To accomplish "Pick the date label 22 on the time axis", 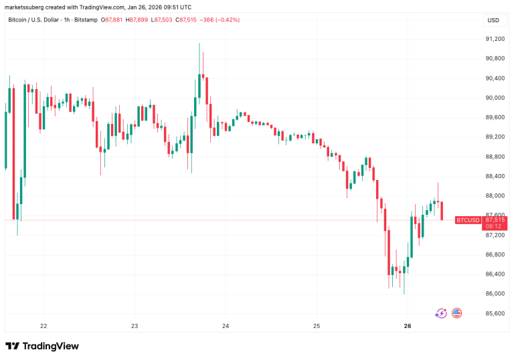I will (44, 326).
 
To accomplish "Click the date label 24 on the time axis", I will (226, 326).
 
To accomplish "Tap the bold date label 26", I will (408, 326).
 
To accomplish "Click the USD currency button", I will (493, 20).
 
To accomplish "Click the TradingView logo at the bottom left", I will (42, 346).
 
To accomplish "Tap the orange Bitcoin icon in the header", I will (4, 20).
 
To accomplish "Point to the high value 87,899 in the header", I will (139, 20).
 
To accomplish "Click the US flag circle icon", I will (457, 312).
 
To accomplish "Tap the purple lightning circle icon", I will (441, 312).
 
